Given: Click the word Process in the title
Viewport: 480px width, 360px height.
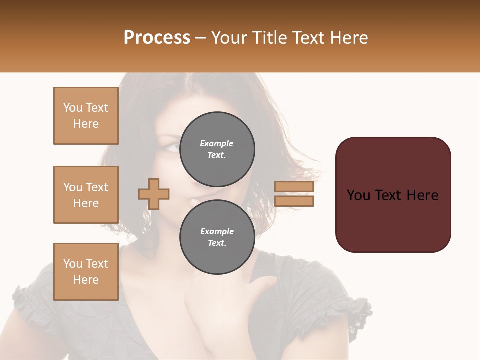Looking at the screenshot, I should click(x=157, y=37).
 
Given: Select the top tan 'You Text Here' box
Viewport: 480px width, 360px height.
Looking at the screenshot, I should click(x=86, y=116).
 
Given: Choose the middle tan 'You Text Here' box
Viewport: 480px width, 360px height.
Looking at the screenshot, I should click(x=86, y=195).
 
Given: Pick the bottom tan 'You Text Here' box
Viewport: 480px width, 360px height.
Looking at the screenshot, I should click(x=86, y=272).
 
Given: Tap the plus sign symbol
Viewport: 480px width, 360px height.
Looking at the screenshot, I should click(x=154, y=194).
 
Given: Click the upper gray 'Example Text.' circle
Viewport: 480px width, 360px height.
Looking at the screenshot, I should click(x=217, y=149).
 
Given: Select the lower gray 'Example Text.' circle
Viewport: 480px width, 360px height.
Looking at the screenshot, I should click(x=217, y=237).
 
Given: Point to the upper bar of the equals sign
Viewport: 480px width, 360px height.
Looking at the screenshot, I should click(x=294, y=187).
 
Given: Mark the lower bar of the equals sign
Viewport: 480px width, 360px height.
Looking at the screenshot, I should click(x=294, y=201).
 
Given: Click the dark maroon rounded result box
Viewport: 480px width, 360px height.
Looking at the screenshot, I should click(x=393, y=195).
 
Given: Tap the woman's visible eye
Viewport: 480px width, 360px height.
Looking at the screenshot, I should click(x=170, y=148).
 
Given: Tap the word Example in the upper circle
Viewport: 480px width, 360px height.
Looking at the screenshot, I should click(x=216, y=143).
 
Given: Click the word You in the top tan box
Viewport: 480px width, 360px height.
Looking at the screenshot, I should click(x=73, y=108).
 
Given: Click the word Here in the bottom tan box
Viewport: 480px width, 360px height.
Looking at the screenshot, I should click(x=86, y=280).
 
